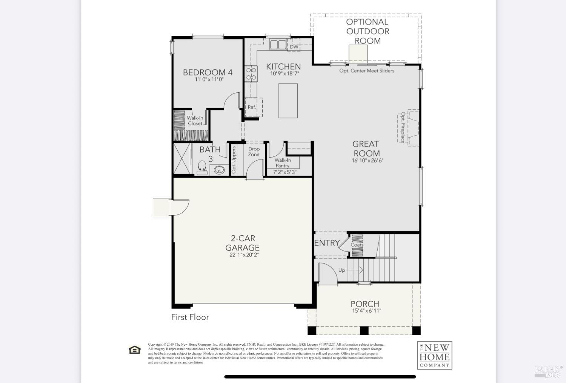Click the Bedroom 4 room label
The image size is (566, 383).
point(208,72)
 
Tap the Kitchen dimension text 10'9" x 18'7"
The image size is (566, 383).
point(285,74)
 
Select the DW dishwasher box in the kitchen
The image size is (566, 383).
point(294,47)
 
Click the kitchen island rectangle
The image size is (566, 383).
point(288,101)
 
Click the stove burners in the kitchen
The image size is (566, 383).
point(251,74)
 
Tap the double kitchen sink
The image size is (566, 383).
point(278,44)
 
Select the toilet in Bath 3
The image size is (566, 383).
point(202,168)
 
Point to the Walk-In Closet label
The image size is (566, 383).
point(195,121)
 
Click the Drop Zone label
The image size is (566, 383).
point(254,152)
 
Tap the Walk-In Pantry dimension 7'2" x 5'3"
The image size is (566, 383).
point(285,172)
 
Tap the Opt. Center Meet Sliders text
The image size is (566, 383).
point(366,70)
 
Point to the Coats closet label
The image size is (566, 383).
point(357,245)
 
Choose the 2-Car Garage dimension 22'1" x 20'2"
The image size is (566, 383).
point(244,255)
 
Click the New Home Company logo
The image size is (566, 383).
point(434,355)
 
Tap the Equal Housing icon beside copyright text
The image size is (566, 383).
point(134,350)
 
